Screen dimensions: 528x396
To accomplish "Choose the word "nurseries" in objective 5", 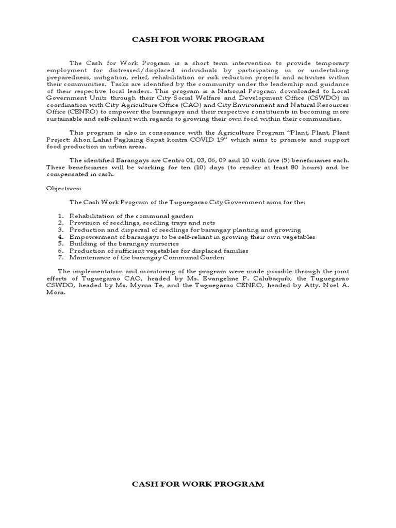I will [162, 243].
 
